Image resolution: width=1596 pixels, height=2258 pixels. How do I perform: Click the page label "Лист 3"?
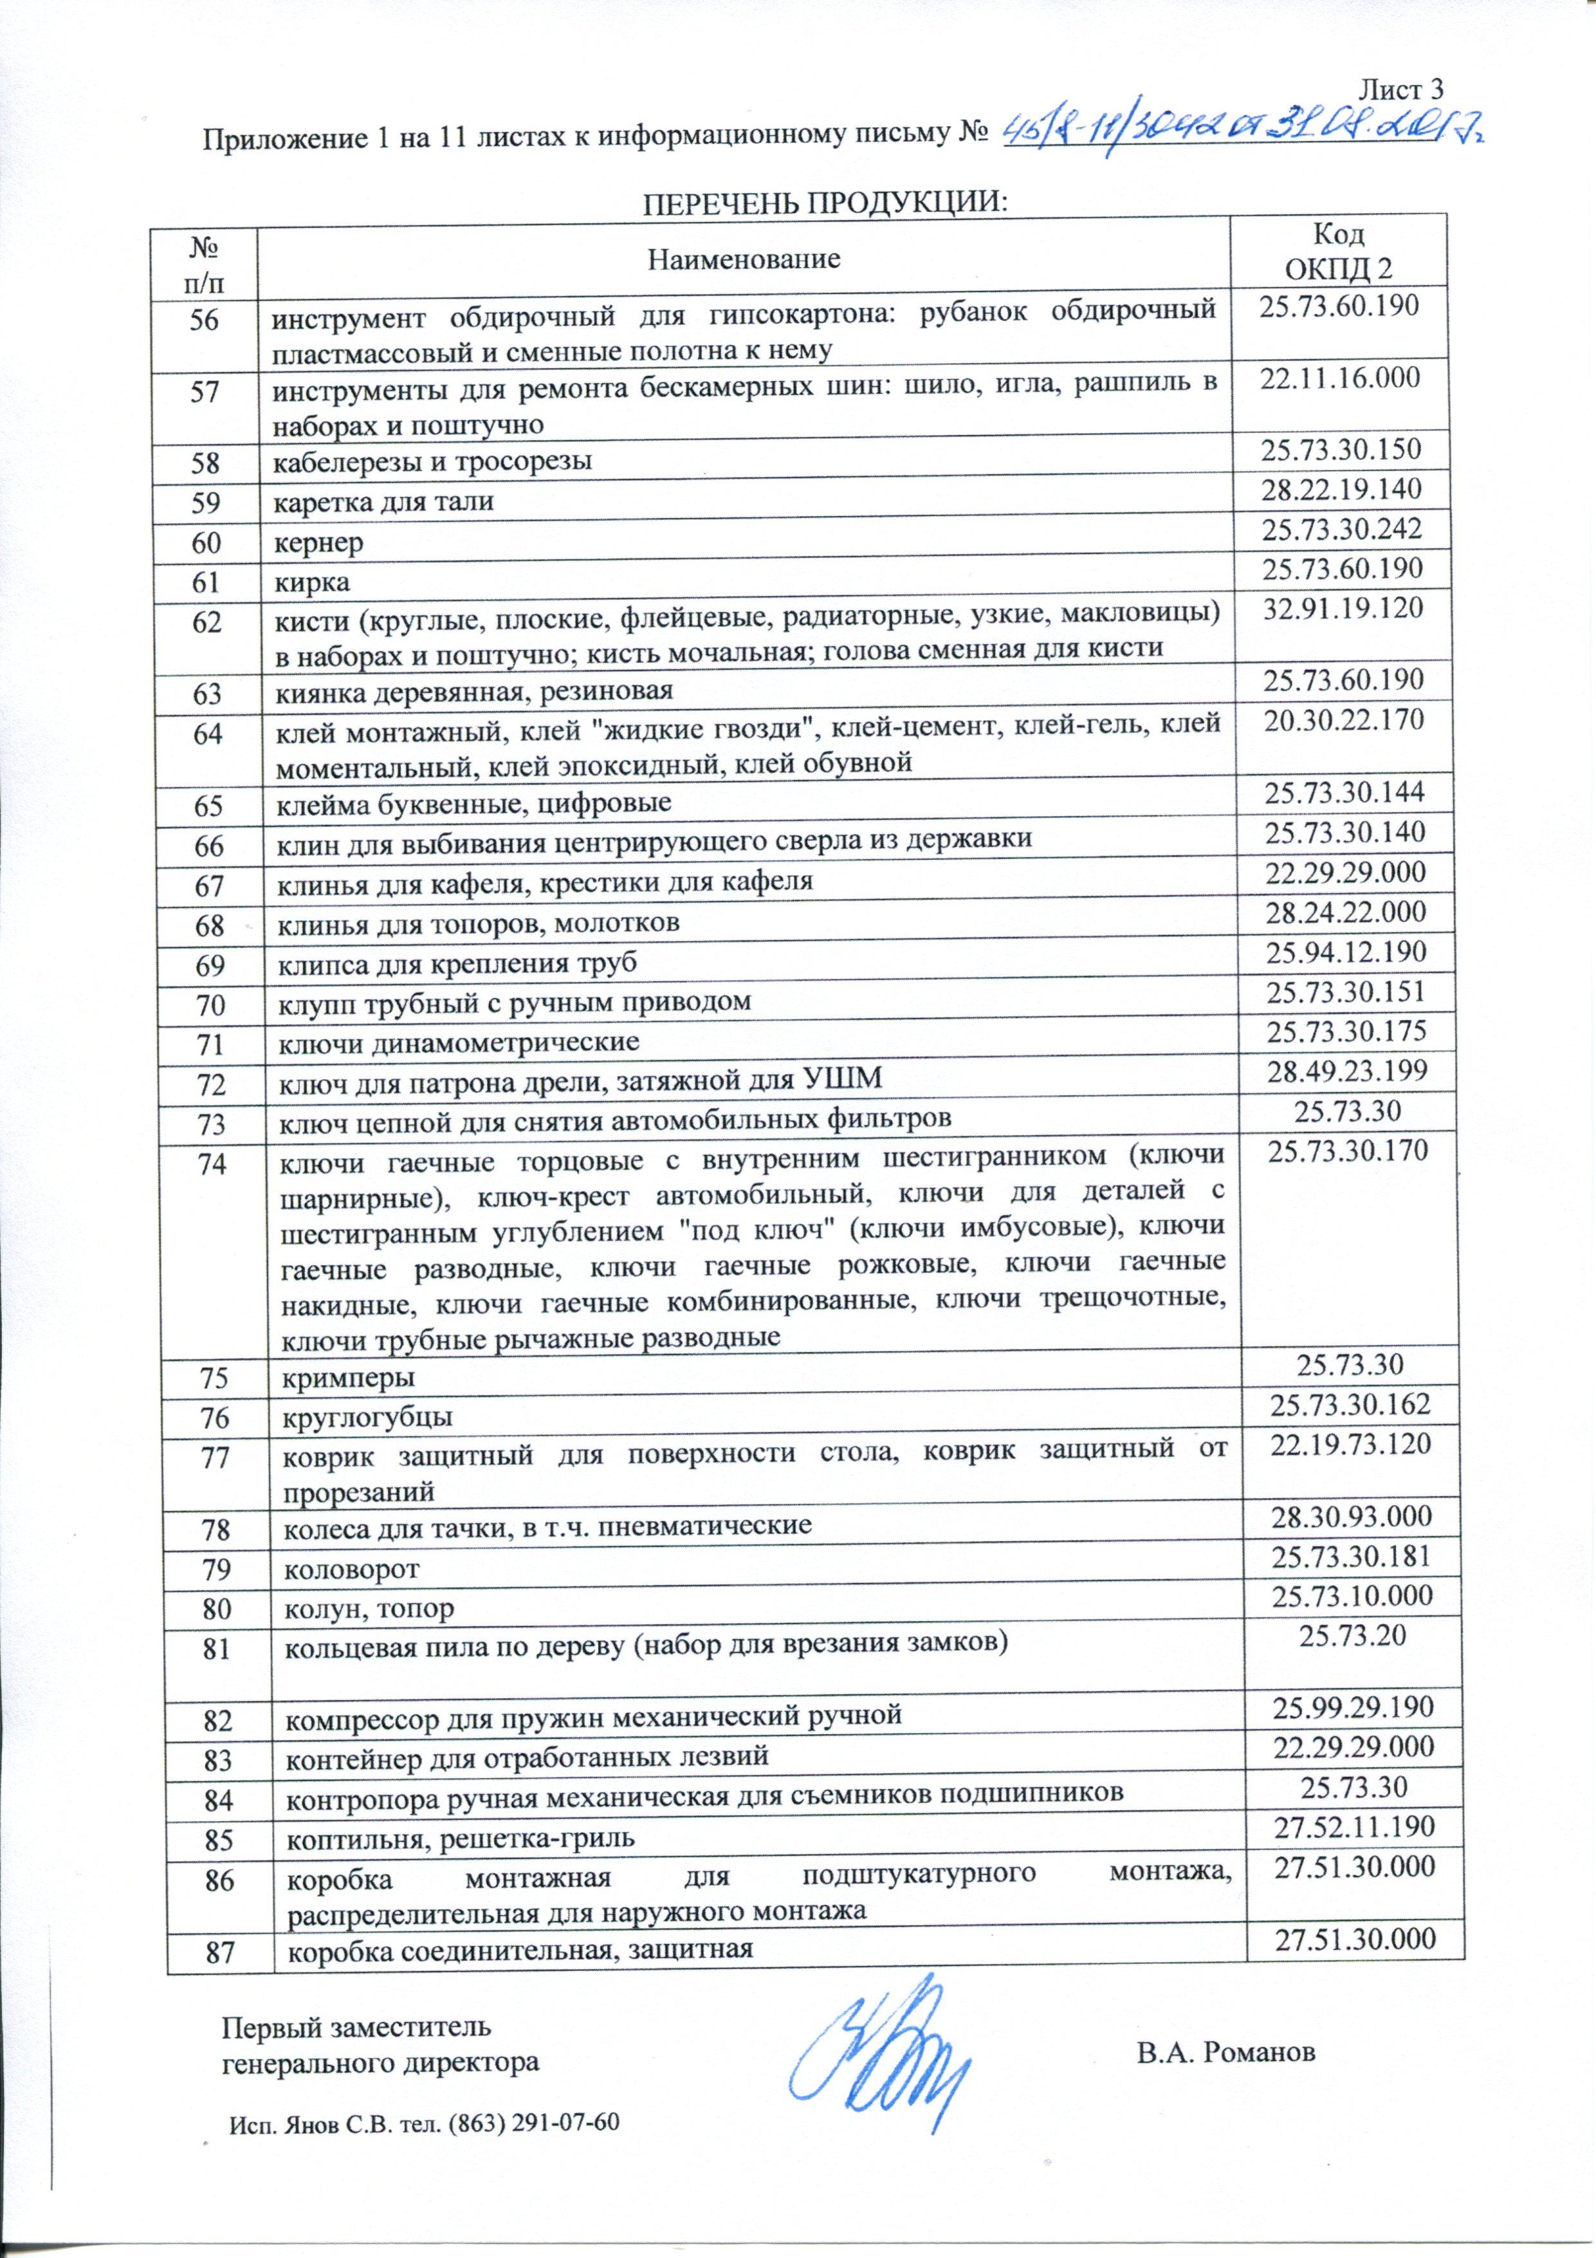[x=1399, y=89]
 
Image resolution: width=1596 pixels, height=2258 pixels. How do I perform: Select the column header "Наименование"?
[x=744, y=259]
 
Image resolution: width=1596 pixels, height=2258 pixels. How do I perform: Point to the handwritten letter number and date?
[x=1239, y=131]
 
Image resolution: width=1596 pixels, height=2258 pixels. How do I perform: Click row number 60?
[x=206, y=541]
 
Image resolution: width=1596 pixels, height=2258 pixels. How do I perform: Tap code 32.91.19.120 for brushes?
[x=1341, y=607]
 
